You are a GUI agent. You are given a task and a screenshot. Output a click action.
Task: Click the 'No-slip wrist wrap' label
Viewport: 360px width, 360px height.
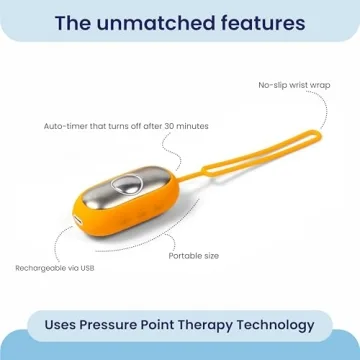295,86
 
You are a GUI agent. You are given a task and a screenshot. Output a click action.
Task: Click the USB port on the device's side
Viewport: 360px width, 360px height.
75,213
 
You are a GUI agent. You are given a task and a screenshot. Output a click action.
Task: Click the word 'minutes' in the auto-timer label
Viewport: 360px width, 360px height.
194,126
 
